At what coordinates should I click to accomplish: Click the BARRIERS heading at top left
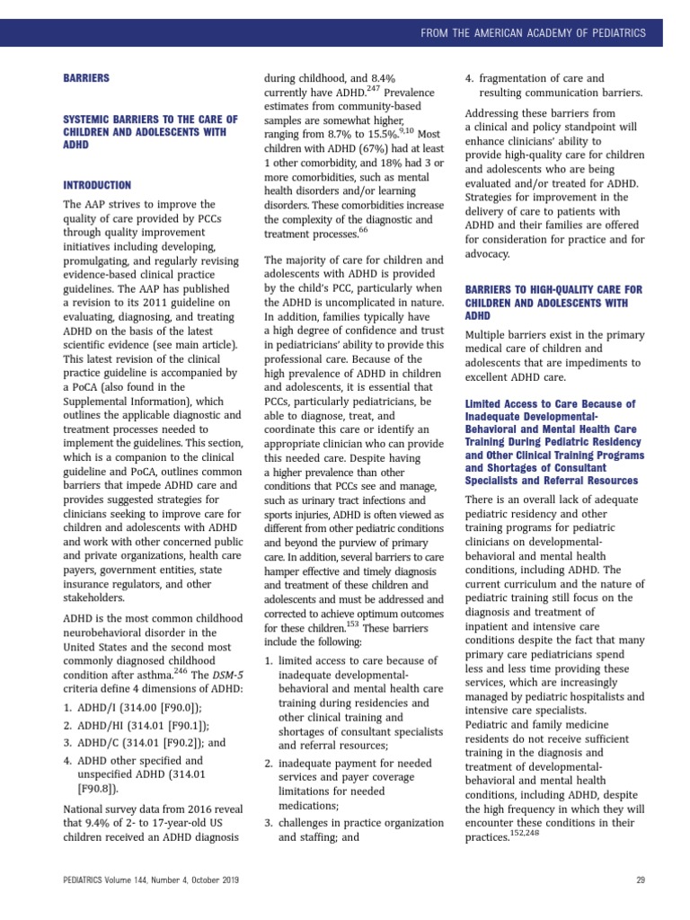tap(86, 78)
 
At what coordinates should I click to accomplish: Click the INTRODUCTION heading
tap(97, 185)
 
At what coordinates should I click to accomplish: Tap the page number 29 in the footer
tap(641, 880)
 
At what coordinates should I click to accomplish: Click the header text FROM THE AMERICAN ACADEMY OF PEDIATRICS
tap(534, 33)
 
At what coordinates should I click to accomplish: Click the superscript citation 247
tap(374, 89)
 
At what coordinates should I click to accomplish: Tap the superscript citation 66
tap(363, 229)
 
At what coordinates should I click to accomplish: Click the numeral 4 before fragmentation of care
tap(468, 78)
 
